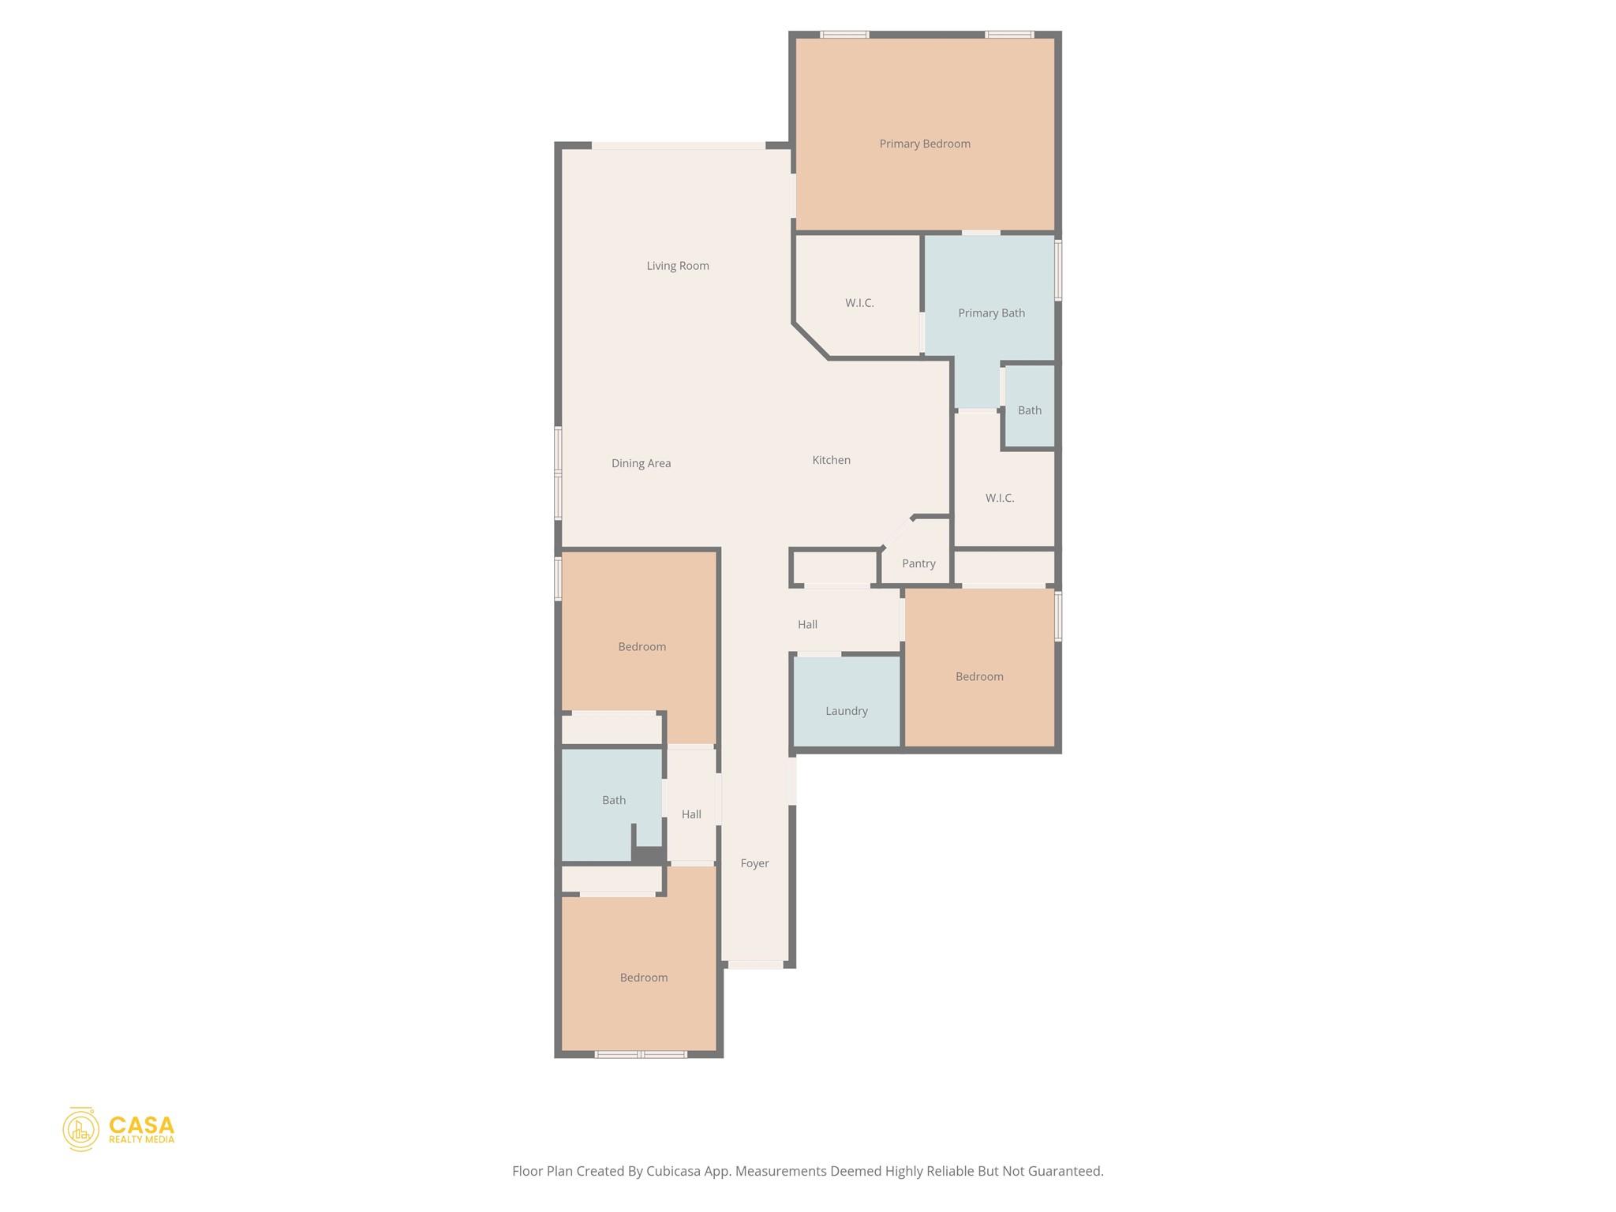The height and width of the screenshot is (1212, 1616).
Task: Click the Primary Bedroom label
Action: (x=925, y=144)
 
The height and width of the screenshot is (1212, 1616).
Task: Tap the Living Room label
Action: (x=678, y=266)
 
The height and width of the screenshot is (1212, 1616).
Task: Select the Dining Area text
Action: (x=641, y=463)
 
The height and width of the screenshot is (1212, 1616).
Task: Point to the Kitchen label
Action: (x=831, y=460)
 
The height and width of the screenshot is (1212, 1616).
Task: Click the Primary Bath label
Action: (x=991, y=313)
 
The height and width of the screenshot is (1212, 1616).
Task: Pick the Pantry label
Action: (x=918, y=563)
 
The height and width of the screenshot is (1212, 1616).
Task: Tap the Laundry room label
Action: (x=846, y=711)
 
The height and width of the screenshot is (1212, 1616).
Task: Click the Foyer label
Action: (x=754, y=863)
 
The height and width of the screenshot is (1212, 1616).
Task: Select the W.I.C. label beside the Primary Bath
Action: (x=859, y=303)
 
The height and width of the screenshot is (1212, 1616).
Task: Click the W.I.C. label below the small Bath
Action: (x=999, y=498)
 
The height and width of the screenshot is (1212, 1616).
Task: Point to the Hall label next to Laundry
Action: (x=807, y=624)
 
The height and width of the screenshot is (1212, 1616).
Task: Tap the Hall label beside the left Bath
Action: (x=691, y=814)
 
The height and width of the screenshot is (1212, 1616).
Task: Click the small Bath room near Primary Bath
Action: (x=1029, y=410)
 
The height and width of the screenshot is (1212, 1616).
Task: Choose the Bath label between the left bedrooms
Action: (x=614, y=800)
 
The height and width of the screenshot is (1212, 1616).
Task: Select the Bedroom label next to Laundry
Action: (x=979, y=676)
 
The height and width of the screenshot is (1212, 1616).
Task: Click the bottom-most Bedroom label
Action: (x=644, y=978)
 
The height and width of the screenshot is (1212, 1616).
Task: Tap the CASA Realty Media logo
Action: (x=119, y=1129)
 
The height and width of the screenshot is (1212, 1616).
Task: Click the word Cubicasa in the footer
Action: (x=675, y=1171)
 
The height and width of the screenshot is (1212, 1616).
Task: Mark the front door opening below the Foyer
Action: (x=755, y=964)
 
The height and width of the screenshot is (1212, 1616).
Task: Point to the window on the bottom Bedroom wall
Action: (x=641, y=1054)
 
